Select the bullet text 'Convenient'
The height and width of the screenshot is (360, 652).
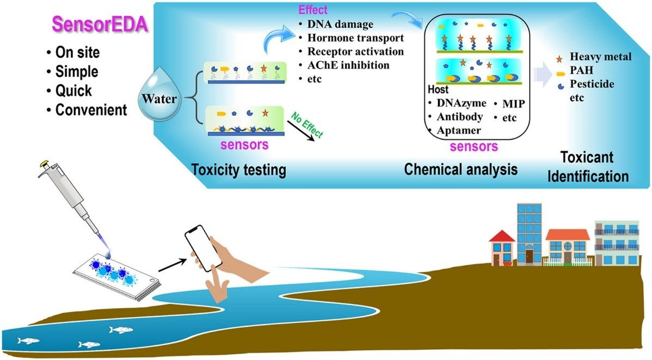click(91, 109)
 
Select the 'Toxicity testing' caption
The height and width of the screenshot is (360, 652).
click(239, 170)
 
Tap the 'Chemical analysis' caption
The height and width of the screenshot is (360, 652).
click(460, 169)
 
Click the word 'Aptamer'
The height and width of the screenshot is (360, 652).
click(458, 130)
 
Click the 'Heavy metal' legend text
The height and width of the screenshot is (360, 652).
click(601, 57)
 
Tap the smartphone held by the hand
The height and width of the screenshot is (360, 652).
click(203, 248)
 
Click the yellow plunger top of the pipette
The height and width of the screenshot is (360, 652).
click(42, 163)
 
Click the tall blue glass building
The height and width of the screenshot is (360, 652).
click(529, 234)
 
